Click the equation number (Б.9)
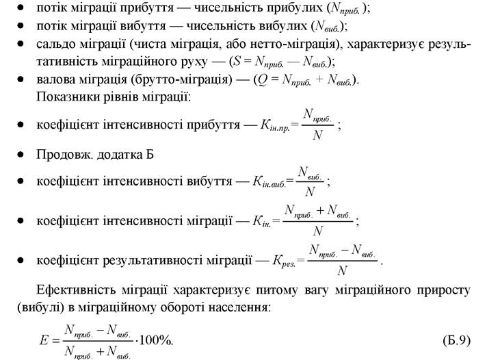(456, 341)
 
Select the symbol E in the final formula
(44, 340)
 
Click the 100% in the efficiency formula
(155, 340)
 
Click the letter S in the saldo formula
(237, 61)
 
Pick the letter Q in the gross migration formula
(263, 80)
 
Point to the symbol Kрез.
(284, 261)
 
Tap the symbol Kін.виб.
(269, 182)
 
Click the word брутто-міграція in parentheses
(181, 79)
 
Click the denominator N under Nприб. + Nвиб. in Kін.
(318, 231)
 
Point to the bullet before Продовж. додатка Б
(21, 155)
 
